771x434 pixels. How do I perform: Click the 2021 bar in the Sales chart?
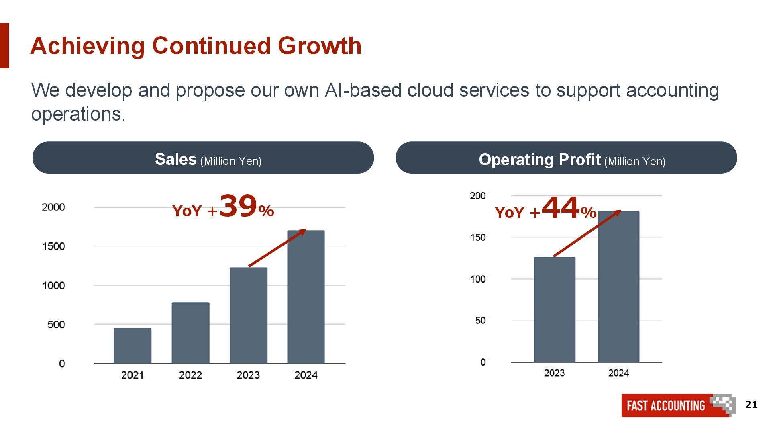coord(133,346)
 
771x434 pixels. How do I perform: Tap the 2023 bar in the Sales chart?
coord(249,315)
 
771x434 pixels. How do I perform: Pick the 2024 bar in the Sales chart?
coord(306,297)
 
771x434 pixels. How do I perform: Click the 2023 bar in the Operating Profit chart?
coord(554,310)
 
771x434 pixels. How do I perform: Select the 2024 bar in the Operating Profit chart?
coord(618,287)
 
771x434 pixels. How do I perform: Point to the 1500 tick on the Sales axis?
coord(53,246)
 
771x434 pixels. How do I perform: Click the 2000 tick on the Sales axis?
coord(53,207)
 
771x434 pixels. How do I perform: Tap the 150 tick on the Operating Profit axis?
coord(478,237)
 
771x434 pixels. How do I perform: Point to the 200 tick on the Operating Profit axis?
coord(478,196)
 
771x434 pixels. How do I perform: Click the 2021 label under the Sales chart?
coord(133,375)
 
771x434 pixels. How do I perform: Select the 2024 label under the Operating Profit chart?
coord(618,373)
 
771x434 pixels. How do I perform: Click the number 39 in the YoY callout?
coord(238,206)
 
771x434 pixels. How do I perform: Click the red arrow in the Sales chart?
coord(277,248)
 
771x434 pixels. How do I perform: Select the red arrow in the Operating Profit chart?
coord(587,233)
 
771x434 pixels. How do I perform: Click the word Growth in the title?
coord(320,45)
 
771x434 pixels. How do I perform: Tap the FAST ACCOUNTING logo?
coord(678,405)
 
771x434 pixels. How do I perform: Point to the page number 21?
coord(751,404)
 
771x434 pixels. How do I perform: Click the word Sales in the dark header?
coord(175,159)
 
